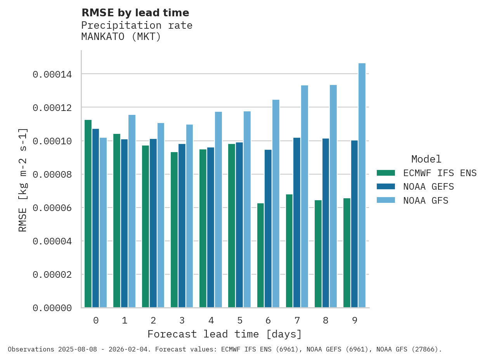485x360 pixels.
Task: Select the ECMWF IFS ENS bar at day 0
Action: click(x=88, y=214)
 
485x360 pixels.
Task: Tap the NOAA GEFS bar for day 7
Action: click(x=297, y=223)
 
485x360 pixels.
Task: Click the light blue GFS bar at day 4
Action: click(x=218, y=209)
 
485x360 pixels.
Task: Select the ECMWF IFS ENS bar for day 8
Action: click(x=318, y=254)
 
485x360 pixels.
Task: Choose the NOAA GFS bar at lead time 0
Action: click(x=103, y=223)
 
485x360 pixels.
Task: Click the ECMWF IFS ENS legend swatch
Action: click(x=386, y=173)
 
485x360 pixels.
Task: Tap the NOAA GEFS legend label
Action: click(x=428, y=187)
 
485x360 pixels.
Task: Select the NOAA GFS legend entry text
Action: click(x=426, y=201)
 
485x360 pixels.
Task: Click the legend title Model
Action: click(x=426, y=159)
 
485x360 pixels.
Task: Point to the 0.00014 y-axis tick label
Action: click(x=52, y=74)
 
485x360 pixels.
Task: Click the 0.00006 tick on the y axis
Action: click(x=52, y=208)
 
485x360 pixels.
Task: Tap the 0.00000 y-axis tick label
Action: click(x=52, y=308)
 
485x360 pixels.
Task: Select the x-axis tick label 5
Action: click(x=240, y=320)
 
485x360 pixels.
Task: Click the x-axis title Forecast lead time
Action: click(x=224, y=334)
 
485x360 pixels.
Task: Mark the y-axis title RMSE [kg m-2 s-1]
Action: click(x=23, y=180)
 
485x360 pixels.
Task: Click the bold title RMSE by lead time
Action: click(x=135, y=13)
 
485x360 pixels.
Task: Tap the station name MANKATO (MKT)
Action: click(x=121, y=37)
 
